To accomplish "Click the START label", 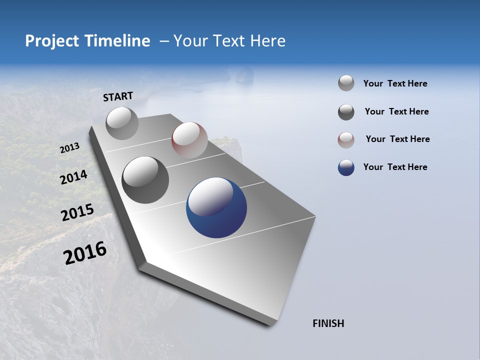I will (118, 96).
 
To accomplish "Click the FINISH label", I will (328, 323).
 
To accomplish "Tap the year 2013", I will (70, 148).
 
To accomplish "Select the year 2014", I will (74, 177).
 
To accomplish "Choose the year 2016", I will (85, 253).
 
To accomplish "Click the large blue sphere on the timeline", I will (216, 207).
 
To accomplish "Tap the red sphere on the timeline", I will (189, 140).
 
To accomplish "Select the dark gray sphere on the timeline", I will (145, 179).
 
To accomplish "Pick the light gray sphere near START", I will (122, 123).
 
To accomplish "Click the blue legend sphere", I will (346, 167).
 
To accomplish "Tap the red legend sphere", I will (346, 140).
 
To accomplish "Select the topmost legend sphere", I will (346, 83).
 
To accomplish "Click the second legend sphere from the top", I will (346, 112).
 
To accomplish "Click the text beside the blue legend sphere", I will (395, 167).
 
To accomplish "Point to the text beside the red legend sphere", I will (397, 139).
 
